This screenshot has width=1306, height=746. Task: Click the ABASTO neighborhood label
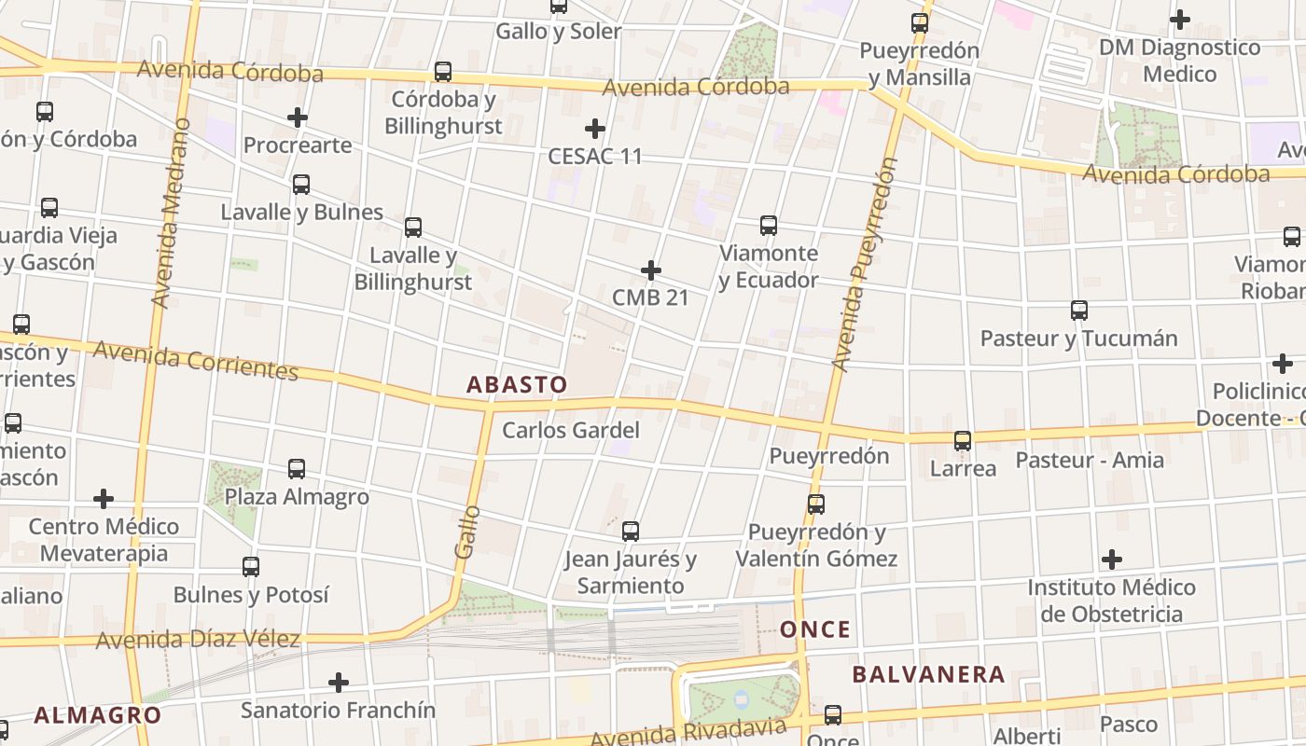coord(516,384)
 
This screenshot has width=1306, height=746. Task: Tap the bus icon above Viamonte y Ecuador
coord(768,226)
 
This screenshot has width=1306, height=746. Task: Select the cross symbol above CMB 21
coord(651,271)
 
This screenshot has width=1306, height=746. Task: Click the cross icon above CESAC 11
coord(595,129)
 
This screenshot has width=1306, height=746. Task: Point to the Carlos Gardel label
coord(571,430)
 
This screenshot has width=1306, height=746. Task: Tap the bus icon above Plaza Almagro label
coord(297,469)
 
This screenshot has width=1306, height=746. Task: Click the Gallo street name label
coord(468,531)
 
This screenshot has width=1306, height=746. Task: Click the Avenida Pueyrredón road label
coord(864,264)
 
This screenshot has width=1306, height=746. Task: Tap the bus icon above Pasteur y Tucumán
coord(1078,311)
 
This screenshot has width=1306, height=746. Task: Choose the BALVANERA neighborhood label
coord(928,674)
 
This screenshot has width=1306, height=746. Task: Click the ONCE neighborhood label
coord(815,629)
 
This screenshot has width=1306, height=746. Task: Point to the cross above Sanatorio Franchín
coord(339,683)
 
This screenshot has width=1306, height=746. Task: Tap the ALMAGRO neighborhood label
coord(97,715)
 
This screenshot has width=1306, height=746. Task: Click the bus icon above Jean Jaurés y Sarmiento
coord(631,532)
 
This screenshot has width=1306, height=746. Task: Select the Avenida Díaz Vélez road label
coord(198,640)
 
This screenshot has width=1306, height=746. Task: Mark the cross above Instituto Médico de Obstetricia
coord(1111,559)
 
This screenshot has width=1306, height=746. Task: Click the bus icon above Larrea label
coord(963,441)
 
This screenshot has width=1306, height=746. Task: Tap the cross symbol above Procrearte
coord(298,117)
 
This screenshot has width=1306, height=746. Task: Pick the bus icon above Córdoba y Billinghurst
coord(443,72)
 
